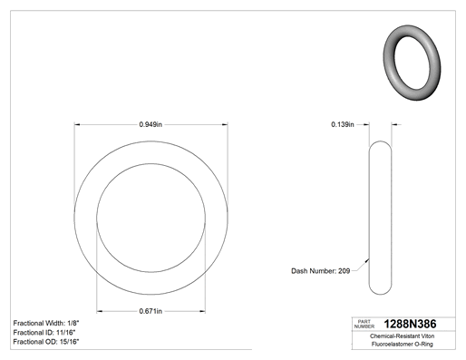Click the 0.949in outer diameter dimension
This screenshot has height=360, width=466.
pyautogui.click(x=150, y=124)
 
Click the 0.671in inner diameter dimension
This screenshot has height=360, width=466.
pyautogui.click(x=150, y=311)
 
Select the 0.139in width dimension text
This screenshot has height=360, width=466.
pyautogui.click(x=343, y=124)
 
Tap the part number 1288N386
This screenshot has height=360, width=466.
pyautogui.click(x=410, y=324)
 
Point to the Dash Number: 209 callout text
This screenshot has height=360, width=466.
pyautogui.click(x=320, y=271)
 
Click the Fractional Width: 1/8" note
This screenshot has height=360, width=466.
pyautogui.click(x=46, y=323)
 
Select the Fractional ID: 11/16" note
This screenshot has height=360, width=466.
pyautogui.click(x=44, y=333)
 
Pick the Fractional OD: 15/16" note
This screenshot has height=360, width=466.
pyautogui.click(x=46, y=342)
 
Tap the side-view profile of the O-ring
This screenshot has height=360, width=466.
pyautogui.click(x=369, y=218)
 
